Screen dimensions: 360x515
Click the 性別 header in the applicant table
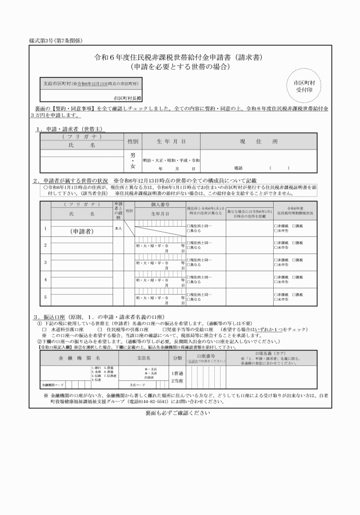(x=133, y=140)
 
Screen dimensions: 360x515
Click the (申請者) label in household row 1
(x=82, y=232)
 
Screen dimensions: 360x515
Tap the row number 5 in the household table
(x=46, y=297)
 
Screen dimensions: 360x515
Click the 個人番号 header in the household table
(x=160, y=204)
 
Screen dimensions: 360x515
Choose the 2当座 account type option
(x=177, y=381)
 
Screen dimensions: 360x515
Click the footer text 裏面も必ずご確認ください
(x=178, y=412)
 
